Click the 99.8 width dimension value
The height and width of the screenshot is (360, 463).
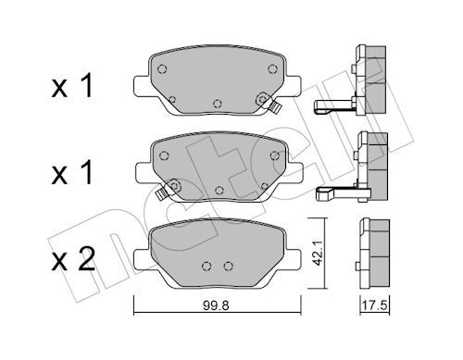click(216, 305)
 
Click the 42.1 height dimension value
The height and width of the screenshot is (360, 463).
click(318, 254)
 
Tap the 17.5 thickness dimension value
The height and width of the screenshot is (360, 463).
click(374, 305)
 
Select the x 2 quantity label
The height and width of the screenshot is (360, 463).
click(73, 260)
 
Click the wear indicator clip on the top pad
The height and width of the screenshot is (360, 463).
click(275, 107)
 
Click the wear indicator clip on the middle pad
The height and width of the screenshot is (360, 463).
click(161, 194)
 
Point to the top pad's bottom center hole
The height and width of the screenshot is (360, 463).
click(218, 104)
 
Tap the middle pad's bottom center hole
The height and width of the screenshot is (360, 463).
click(219, 191)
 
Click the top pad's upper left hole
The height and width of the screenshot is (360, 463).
click(162, 69)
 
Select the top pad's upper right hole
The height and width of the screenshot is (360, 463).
click(272, 69)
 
